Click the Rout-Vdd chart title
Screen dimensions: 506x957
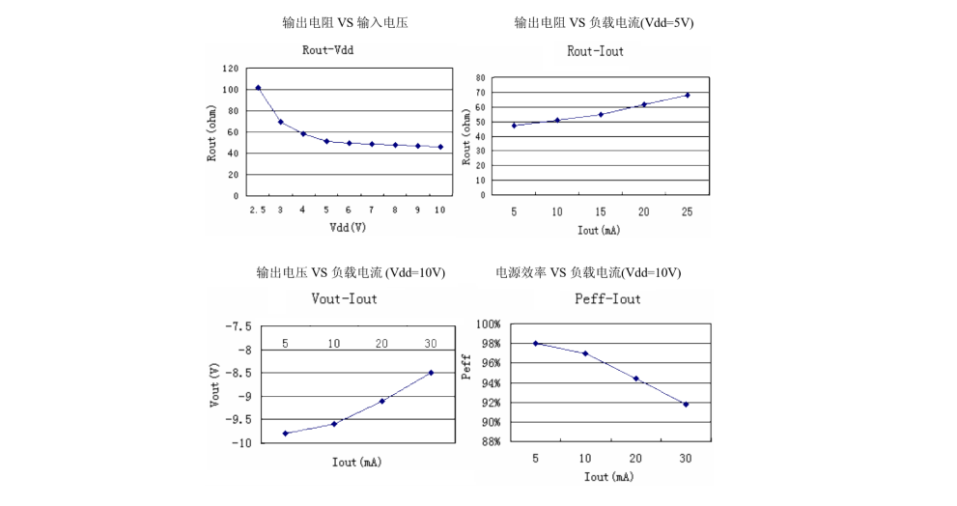(x=328, y=50)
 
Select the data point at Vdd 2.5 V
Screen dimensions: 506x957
(x=258, y=88)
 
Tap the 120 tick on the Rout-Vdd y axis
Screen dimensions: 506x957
(x=230, y=69)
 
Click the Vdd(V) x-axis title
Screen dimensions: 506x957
(x=348, y=228)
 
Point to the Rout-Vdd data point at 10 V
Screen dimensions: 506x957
(x=440, y=147)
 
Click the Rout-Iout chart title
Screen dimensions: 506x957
(x=595, y=51)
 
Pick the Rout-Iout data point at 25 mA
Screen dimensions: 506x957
(x=688, y=95)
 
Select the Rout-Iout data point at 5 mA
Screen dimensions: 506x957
(x=514, y=126)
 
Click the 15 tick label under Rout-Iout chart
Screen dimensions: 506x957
(x=600, y=211)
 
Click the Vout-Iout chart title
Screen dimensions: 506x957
(x=345, y=299)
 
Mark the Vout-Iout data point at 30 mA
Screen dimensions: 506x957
(x=431, y=373)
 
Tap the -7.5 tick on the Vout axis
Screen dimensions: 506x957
(x=238, y=326)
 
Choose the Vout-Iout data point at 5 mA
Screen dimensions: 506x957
(x=286, y=434)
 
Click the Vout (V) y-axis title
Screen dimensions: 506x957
(x=214, y=383)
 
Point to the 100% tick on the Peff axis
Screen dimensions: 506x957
(x=486, y=324)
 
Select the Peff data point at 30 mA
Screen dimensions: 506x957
(x=686, y=405)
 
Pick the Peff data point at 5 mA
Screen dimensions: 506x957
(x=535, y=344)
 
